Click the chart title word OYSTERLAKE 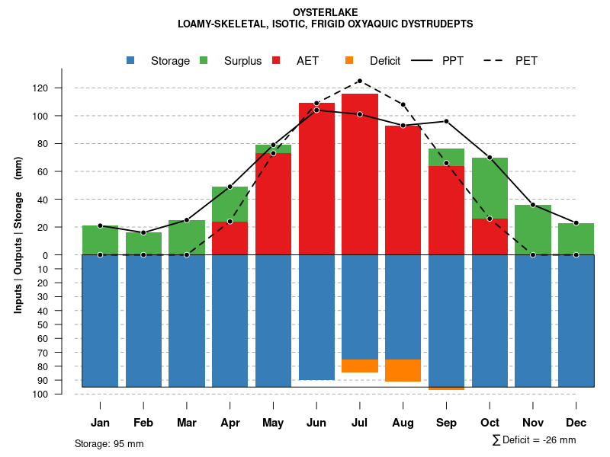pos(325,12)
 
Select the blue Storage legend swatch pos(132,61)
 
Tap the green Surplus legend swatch pos(204,61)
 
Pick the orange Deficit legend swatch pos(349,61)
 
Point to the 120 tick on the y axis pos(40,88)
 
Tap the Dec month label pos(576,423)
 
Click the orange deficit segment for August pos(403,370)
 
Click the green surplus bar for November pos(533,230)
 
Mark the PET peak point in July pos(359,81)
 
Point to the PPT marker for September pos(446,122)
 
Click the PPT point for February pos(143,232)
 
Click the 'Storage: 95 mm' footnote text pos(109,443)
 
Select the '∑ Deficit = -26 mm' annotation pos(534,440)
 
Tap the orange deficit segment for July pos(360,366)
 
